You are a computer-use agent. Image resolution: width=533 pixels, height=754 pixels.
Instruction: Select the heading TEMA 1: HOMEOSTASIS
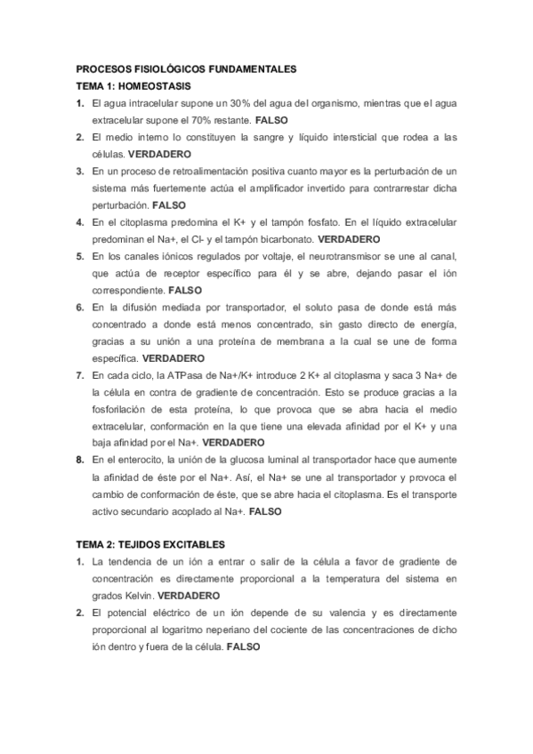coord(131,86)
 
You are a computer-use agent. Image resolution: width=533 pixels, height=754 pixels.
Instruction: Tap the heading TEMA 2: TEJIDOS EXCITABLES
coord(149,543)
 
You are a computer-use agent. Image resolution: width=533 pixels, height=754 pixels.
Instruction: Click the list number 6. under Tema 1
coord(80,308)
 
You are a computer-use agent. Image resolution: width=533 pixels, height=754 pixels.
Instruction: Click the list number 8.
coord(80,461)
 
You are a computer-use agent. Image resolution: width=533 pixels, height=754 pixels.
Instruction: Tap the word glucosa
coord(245,461)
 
